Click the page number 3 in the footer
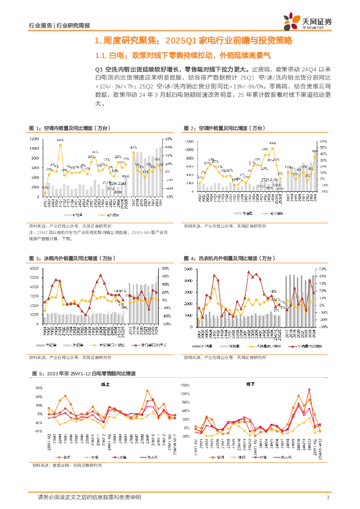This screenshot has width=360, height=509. click(328, 498)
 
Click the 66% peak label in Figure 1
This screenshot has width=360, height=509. click(60, 140)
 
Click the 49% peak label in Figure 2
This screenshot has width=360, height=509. click(272, 143)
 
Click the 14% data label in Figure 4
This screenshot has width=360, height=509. click(272, 292)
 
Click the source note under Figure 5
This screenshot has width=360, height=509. click(67, 466)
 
